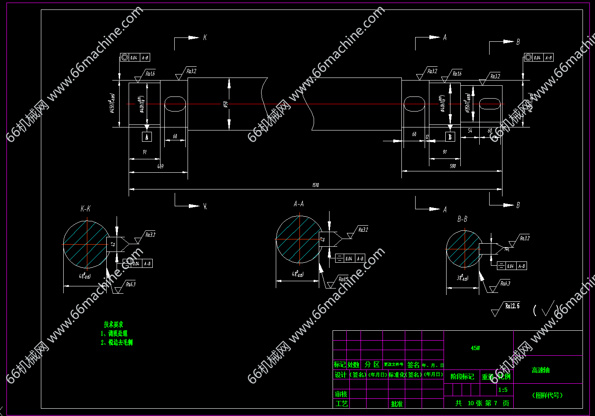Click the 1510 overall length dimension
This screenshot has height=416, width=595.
tap(315, 185)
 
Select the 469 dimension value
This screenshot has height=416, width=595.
tap(160, 166)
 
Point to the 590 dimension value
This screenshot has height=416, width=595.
tap(453, 166)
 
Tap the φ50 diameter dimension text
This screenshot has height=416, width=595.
tap(225, 104)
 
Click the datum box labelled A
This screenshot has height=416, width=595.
tap(147, 137)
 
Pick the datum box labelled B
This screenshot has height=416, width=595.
tap(450, 137)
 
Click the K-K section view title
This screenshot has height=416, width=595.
tap(86, 209)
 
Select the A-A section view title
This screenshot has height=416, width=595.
tap(299, 204)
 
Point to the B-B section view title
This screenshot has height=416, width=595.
tap(462, 219)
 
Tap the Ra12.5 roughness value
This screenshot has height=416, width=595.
tap(512, 306)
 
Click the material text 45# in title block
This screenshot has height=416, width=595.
tap(475, 348)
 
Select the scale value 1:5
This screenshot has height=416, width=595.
tap(503, 390)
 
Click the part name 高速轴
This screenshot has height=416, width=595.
tap(540, 370)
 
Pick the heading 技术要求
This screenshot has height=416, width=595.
tap(113, 324)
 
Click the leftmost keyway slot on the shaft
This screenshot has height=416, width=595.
tap(175, 104)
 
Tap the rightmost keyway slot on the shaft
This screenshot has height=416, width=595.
tap(490, 104)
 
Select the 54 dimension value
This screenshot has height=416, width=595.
tap(470, 130)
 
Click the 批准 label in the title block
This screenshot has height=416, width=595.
tap(397, 404)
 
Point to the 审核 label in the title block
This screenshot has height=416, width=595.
tap(341, 394)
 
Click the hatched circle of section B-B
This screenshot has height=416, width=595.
tap(463, 248)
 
